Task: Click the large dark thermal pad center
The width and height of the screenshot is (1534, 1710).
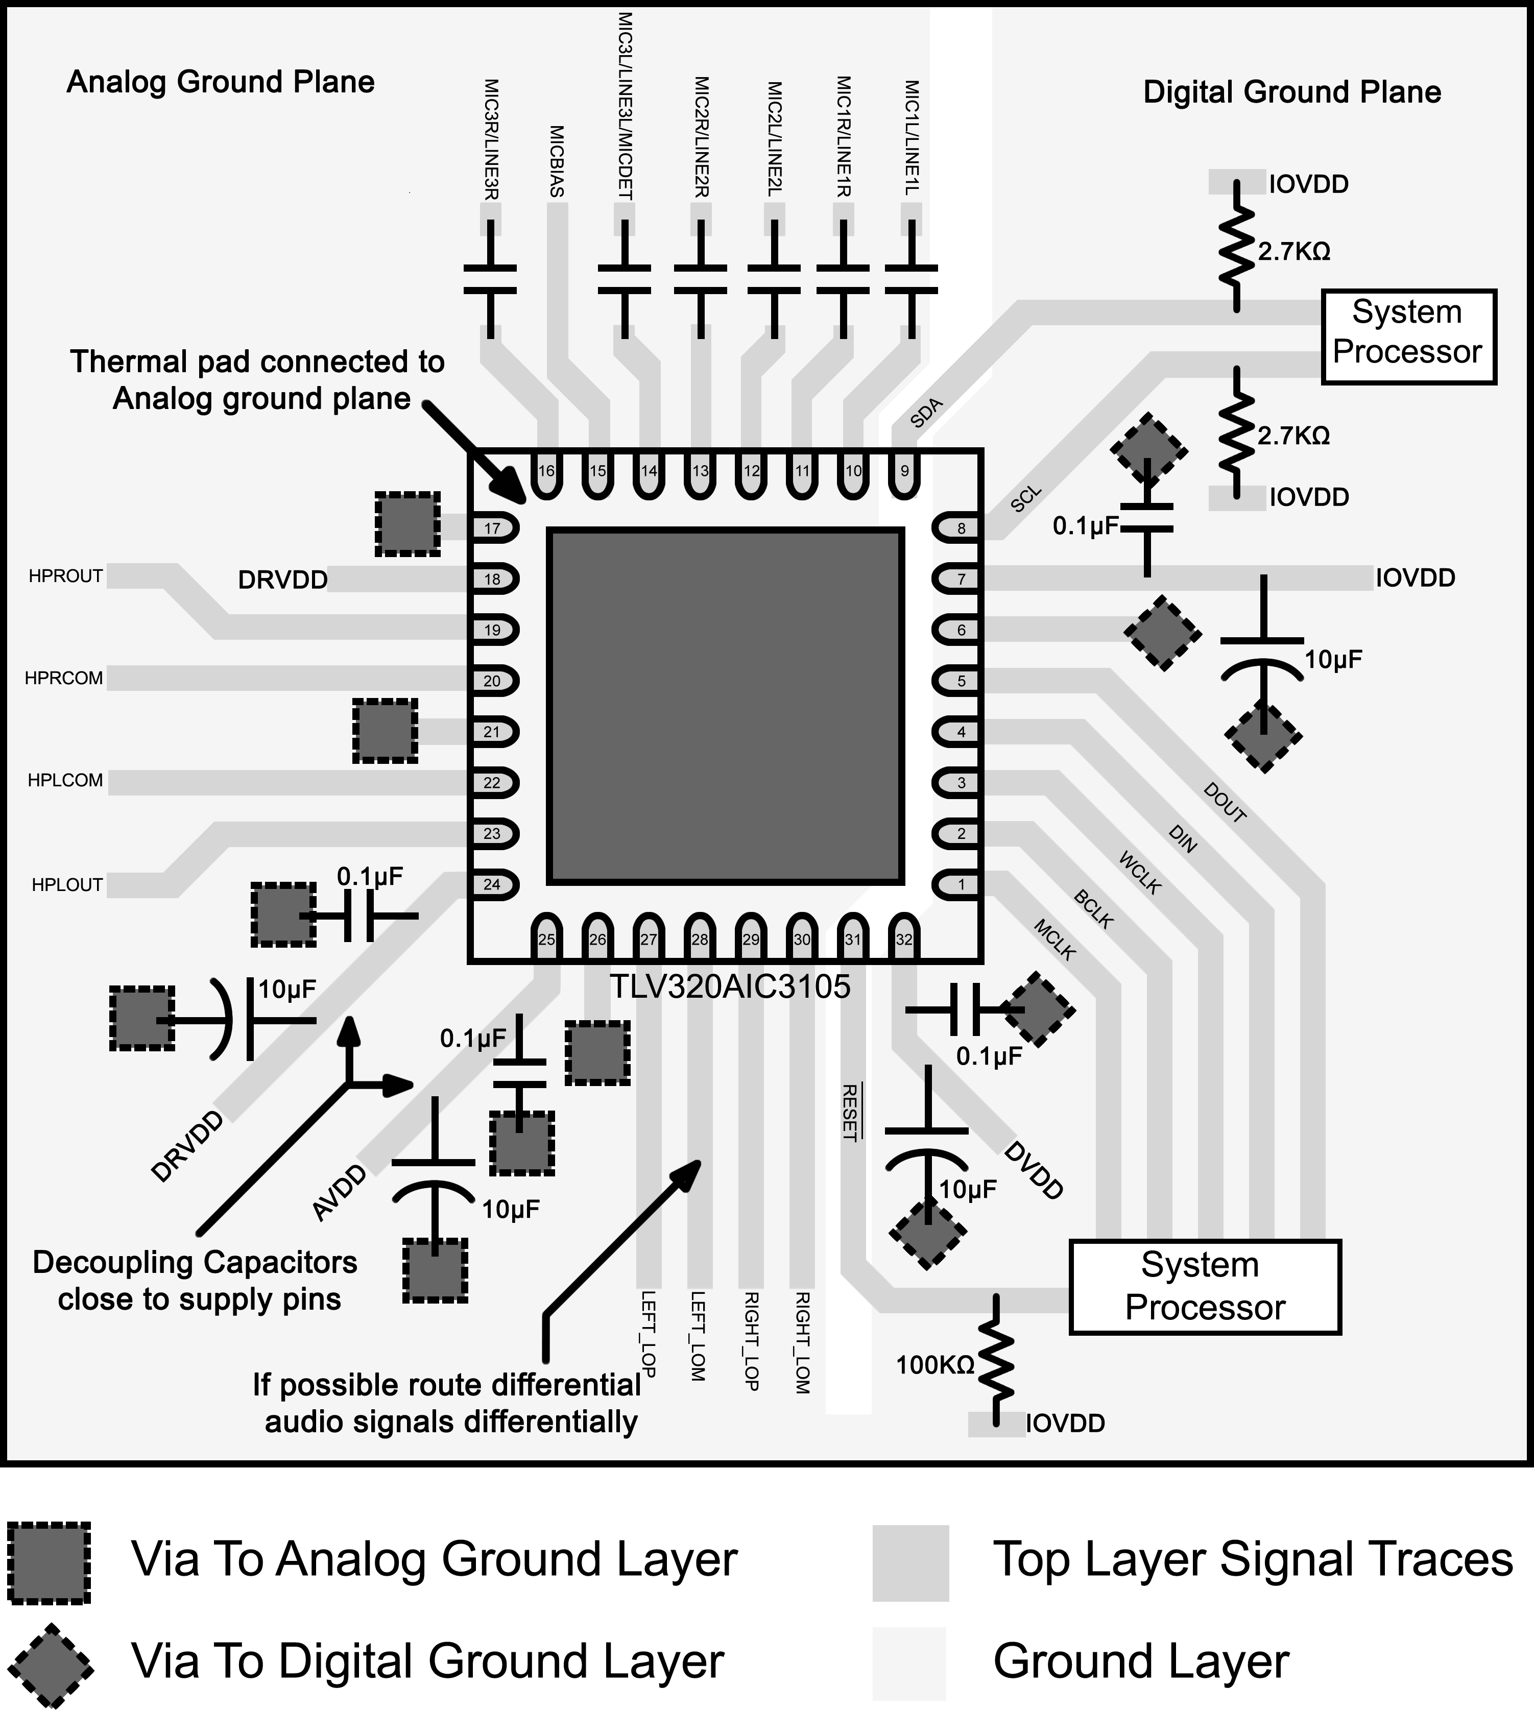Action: click(726, 706)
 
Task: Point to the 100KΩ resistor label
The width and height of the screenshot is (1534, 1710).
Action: click(934, 1364)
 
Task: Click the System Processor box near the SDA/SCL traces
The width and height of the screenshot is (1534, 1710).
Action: click(1407, 336)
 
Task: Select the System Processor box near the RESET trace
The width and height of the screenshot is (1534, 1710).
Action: click(1205, 1287)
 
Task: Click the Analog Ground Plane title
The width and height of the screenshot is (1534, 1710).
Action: click(221, 83)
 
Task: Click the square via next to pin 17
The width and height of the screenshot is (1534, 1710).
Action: click(407, 525)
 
